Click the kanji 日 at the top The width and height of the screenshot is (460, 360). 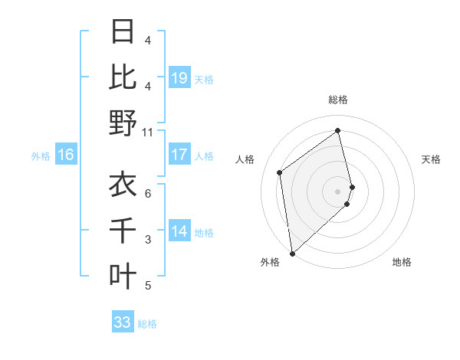[123, 31]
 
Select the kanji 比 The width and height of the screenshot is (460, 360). [123, 77]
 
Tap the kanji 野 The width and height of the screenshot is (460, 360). [123, 123]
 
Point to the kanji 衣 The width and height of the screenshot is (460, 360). [123, 185]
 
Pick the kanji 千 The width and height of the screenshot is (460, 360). [123, 231]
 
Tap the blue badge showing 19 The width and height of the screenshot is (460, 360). [179, 77]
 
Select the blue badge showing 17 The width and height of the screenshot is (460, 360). [179, 155]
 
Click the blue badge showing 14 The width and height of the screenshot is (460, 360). [179, 232]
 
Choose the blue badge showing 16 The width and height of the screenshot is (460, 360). [66, 155]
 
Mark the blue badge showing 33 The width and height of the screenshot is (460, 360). [122, 322]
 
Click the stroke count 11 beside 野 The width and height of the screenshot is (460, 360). [148, 133]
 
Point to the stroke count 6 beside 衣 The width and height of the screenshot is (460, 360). [148, 193]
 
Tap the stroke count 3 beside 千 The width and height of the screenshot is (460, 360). [148, 240]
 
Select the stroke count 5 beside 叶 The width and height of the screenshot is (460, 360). [148, 286]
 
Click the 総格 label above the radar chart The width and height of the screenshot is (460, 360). [338, 100]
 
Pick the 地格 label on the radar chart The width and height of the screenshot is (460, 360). [402, 262]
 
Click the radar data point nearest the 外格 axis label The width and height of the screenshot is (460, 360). [292, 253]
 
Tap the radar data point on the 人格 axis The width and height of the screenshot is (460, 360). [280, 172]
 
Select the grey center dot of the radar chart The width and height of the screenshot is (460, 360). [338, 191]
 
